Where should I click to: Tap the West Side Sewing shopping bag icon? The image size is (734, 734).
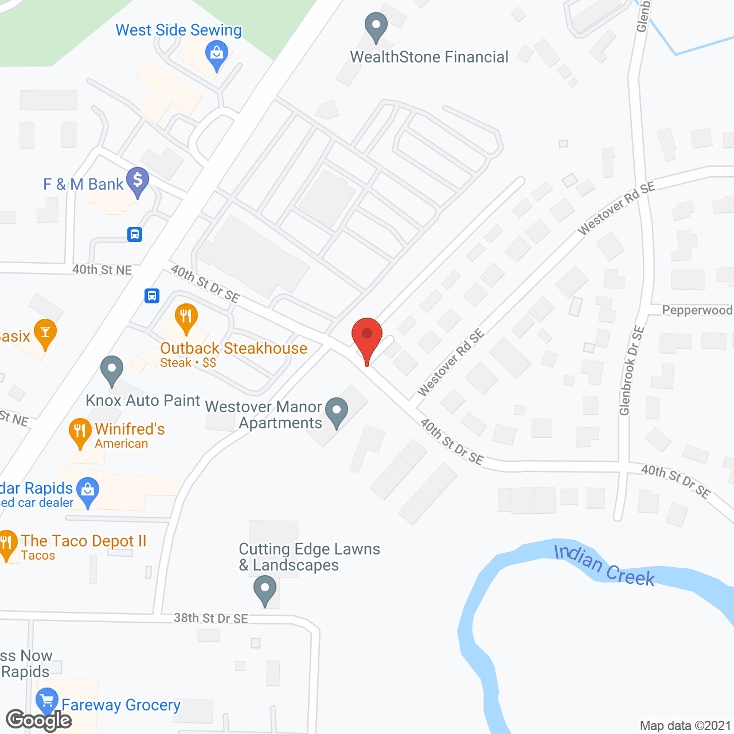[217, 54]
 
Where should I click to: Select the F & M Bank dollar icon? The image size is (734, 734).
[138, 181]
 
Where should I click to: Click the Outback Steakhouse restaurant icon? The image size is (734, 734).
[186, 317]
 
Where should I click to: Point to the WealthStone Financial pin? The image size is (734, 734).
[376, 26]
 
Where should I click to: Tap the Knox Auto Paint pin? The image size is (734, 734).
[112, 370]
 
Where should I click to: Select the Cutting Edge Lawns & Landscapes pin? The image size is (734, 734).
[265, 589]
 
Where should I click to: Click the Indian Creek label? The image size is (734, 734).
[604, 565]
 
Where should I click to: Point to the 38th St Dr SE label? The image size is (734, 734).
[210, 618]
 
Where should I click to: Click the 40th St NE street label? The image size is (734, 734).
[102, 270]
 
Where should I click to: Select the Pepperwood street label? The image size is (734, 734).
[697, 310]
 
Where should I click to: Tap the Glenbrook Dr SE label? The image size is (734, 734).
[631, 370]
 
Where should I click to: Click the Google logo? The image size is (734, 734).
[39, 720]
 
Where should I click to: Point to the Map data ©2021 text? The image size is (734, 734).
[685, 725]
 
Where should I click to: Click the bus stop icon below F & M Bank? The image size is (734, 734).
[135, 234]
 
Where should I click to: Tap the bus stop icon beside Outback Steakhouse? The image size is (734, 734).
[152, 295]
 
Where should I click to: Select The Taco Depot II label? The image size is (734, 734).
[84, 541]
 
